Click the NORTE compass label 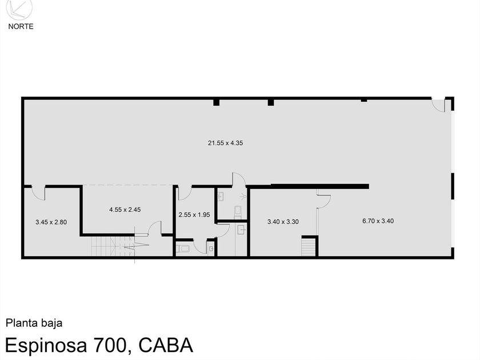point(20,26)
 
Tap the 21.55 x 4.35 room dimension point(225,143)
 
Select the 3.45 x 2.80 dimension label point(51,222)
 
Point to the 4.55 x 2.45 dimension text point(125,210)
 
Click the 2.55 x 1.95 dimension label point(194,215)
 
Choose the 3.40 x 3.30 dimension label point(283,221)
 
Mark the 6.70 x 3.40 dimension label point(378,221)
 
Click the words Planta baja point(34,323)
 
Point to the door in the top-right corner point(439,105)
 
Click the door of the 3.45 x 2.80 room point(38,193)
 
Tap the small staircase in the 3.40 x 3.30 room point(309,247)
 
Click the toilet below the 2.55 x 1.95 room point(184,249)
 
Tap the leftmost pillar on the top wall point(217,102)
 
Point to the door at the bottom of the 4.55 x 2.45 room point(154,228)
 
